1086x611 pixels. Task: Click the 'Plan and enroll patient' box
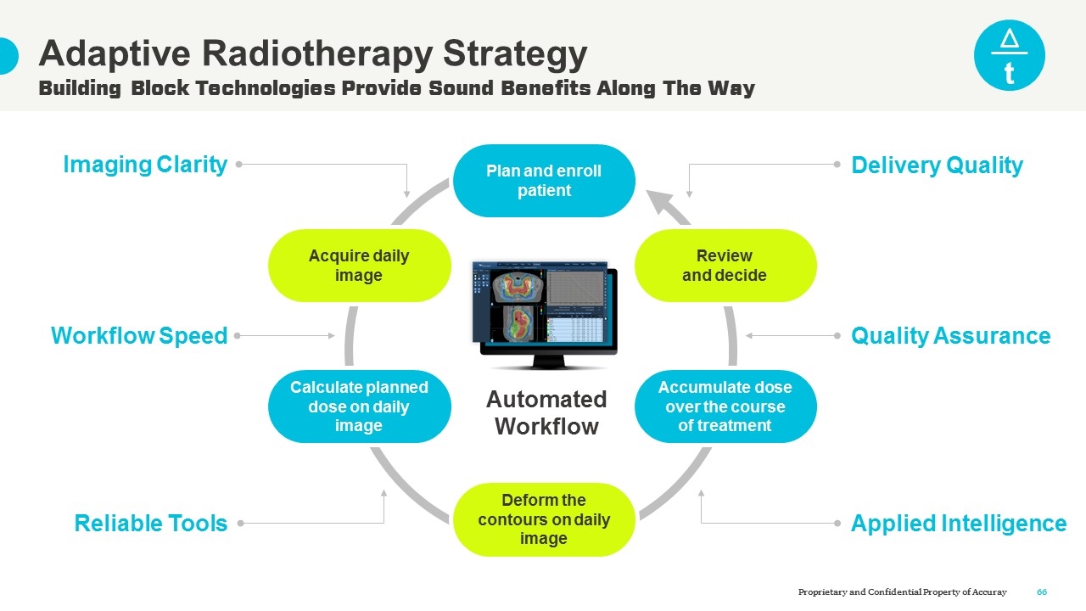(544, 181)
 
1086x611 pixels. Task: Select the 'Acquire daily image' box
(359, 266)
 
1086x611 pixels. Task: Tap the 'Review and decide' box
(725, 266)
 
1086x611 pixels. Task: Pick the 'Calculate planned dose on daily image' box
(359, 406)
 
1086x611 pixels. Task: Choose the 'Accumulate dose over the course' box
(725, 406)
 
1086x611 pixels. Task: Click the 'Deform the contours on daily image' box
(544, 519)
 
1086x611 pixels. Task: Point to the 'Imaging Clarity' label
(145, 165)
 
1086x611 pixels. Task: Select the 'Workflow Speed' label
(139, 336)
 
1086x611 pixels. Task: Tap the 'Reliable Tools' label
(151, 524)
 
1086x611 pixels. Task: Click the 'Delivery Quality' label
(937, 165)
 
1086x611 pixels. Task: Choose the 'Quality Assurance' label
(950, 336)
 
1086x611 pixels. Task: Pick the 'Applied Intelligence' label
(959, 524)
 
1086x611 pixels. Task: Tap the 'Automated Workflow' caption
(546, 412)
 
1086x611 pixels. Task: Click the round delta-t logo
(1009, 55)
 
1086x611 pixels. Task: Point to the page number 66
(1042, 591)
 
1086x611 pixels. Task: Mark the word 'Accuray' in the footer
(988, 591)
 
